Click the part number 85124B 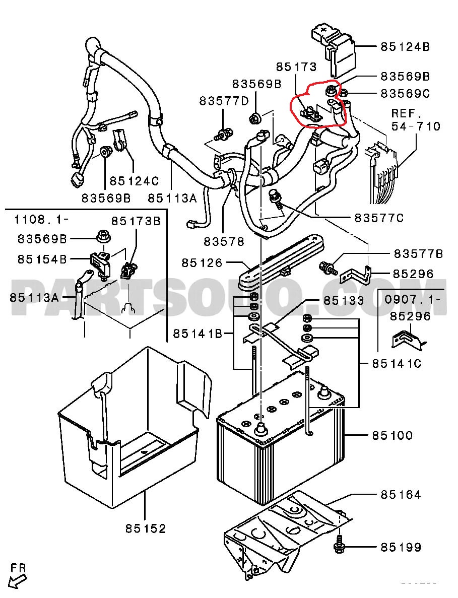click(405, 46)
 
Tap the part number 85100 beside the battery click(392, 435)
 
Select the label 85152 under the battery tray click(146, 528)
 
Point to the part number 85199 click(401, 547)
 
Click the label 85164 click(401, 495)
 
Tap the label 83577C click(379, 218)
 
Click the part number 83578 click(224, 241)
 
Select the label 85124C click(134, 180)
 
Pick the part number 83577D click(224, 101)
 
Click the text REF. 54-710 click(416, 119)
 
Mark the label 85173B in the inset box click(136, 221)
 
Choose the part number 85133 click(344, 301)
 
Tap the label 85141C click(397, 363)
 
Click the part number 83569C click(405, 93)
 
